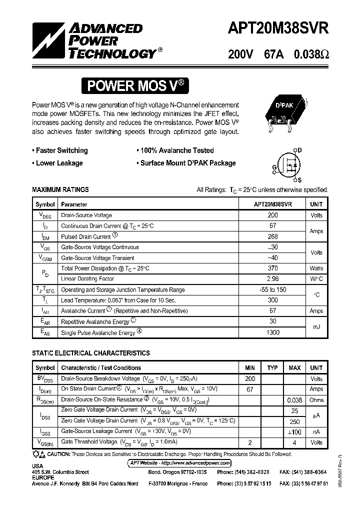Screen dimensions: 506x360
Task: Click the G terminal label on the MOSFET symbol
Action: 274,167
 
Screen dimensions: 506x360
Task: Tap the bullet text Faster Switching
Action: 61,150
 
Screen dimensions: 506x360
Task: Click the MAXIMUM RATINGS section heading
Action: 60,190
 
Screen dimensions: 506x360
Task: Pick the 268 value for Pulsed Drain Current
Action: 272,236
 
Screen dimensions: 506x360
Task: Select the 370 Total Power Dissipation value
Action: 272,268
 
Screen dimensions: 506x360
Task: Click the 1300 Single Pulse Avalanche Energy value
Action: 272,332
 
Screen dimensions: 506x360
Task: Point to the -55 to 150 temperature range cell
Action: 272,290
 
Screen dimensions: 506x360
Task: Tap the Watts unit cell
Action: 316,268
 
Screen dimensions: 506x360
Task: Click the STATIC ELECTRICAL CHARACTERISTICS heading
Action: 91,353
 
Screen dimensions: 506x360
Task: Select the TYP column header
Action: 272,368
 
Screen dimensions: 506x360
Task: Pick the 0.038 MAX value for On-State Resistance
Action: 294,400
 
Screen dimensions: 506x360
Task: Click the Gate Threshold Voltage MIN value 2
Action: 250,442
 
